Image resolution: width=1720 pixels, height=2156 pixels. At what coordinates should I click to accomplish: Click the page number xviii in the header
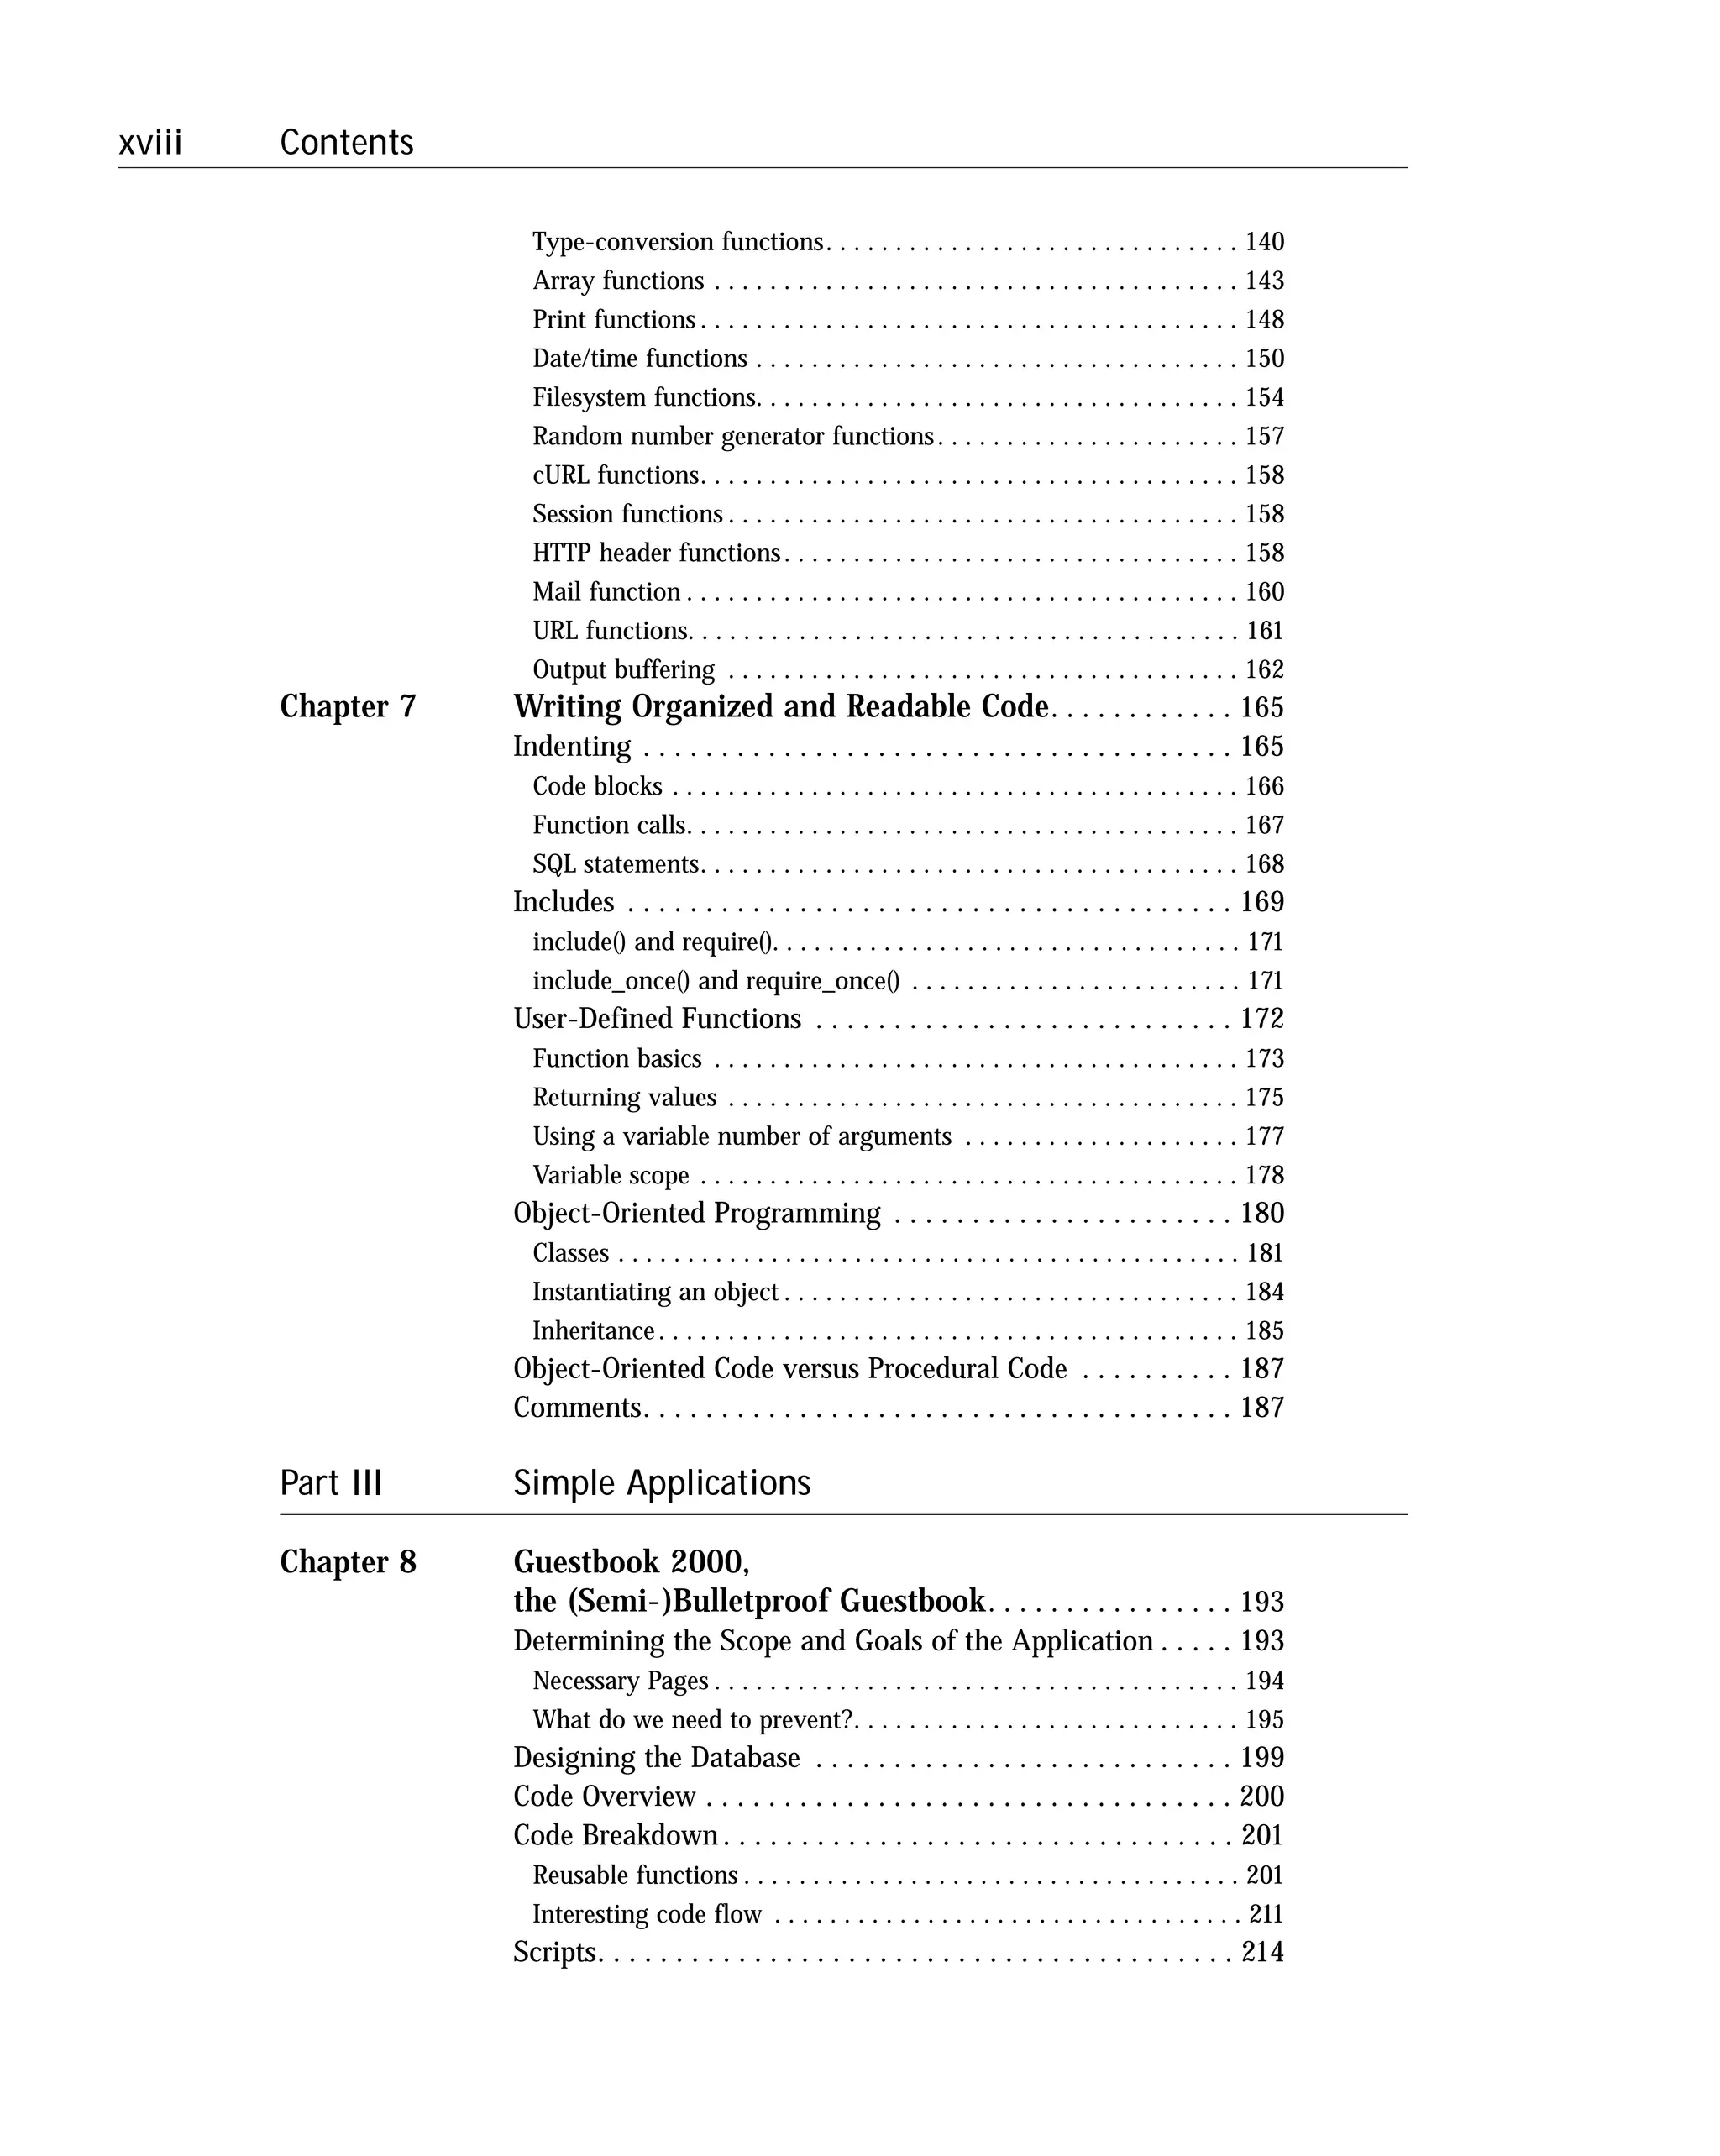coord(150,143)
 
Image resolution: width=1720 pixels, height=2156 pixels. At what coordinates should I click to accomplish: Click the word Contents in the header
coord(346,143)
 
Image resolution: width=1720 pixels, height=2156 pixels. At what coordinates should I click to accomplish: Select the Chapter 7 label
coord(347,707)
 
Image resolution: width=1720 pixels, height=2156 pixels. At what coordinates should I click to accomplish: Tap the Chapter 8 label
coord(347,1562)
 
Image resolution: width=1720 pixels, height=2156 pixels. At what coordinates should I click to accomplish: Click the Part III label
coord(331,1483)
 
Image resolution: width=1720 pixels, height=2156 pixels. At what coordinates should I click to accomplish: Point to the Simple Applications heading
coord(661,1483)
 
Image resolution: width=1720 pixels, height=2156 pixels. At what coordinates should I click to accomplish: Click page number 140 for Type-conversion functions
coord(1263,242)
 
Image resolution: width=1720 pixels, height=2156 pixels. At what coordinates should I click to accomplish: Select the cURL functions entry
coord(615,475)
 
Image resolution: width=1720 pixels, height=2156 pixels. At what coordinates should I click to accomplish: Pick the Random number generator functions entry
coord(732,437)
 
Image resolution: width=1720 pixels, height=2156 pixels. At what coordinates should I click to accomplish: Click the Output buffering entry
coord(623,670)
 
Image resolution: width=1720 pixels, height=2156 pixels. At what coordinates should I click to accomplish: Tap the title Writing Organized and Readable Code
coord(780,707)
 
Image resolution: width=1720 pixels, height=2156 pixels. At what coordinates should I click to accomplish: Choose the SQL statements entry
coord(615,864)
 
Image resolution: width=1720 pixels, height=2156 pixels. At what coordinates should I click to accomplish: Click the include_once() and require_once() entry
coord(715,981)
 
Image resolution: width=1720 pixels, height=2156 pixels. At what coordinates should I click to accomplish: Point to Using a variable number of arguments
coord(741,1137)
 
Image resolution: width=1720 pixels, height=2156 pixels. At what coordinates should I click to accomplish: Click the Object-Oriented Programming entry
coord(696,1214)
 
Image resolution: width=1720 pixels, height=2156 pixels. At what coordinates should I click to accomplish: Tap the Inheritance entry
coord(593,1331)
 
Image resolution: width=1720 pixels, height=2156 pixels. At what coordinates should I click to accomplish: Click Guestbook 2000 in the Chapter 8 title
coord(630,1562)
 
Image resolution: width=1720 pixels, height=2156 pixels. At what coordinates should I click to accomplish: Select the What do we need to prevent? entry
coord(692,1720)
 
